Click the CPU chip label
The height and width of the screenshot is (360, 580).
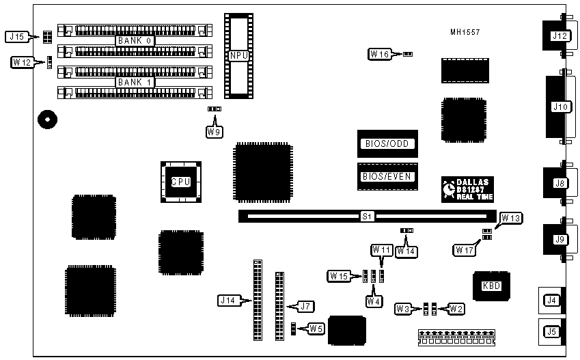pyautogui.click(x=180, y=182)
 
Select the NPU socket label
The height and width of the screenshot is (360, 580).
pyautogui.click(x=238, y=56)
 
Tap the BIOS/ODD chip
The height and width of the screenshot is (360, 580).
pyautogui.click(x=387, y=144)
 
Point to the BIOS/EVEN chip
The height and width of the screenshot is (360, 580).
pyautogui.click(x=387, y=177)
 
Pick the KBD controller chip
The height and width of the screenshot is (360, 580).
pyautogui.click(x=491, y=286)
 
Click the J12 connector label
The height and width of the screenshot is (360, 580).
pyautogui.click(x=560, y=36)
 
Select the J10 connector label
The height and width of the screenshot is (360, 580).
pyautogui.click(x=560, y=107)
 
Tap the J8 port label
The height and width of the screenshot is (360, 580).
pyautogui.click(x=560, y=183)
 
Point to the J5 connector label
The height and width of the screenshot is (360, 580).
pyautogui.click(x=551, y=333)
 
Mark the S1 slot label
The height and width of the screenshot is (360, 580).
pyautogui.click(x=367, y=217)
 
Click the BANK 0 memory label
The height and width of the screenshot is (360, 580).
pyautogui.click(x=135, y=40)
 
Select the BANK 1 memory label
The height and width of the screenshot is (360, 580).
pyautogui.click(x=135, y=82)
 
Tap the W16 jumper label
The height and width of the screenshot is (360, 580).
pyautogui.click(x=380, y=53)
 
